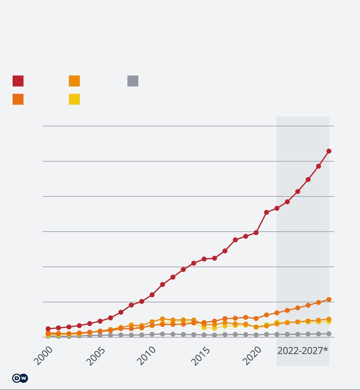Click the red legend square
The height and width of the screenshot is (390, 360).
[18, 81]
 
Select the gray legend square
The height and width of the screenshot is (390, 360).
[133, 81]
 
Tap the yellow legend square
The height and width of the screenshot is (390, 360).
[74, 99]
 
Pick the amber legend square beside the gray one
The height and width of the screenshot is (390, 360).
[74, 81]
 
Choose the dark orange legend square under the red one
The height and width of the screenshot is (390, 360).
[18, 99]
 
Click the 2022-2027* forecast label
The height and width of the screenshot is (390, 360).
[303, 351]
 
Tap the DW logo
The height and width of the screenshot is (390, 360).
[20, 378]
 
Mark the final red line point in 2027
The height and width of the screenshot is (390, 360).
[329, 151]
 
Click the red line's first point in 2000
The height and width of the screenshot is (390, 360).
[48, 329]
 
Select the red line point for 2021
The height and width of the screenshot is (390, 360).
[267, 212]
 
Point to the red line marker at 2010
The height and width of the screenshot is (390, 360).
[152, 295]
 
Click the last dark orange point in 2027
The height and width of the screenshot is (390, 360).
[329, 300]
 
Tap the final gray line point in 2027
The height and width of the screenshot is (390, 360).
[329, 334]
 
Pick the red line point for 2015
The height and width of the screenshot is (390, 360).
[204, 259]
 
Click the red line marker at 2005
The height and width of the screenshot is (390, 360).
[100, 321]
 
